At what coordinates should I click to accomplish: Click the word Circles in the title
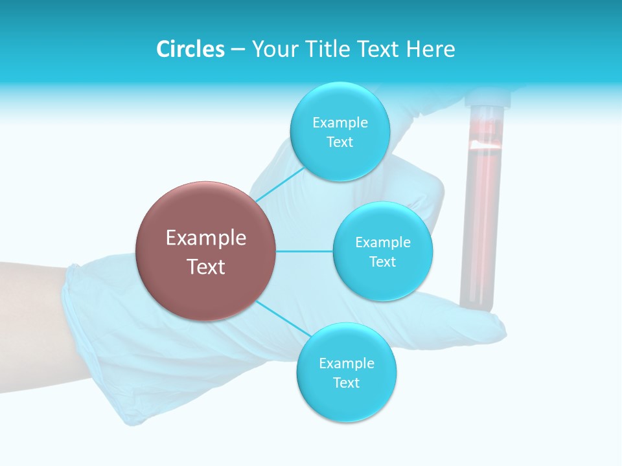[190, 49]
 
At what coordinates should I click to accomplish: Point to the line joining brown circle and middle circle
[305, 251]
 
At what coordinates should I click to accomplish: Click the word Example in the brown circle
[205, 238]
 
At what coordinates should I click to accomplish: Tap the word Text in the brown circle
[205, 267]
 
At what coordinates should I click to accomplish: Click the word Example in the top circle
[340, 122]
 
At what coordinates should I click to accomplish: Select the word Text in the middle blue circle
[382, 262]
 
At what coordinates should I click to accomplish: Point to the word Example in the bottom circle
[346, 363]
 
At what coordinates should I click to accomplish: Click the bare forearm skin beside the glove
[29, 304]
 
